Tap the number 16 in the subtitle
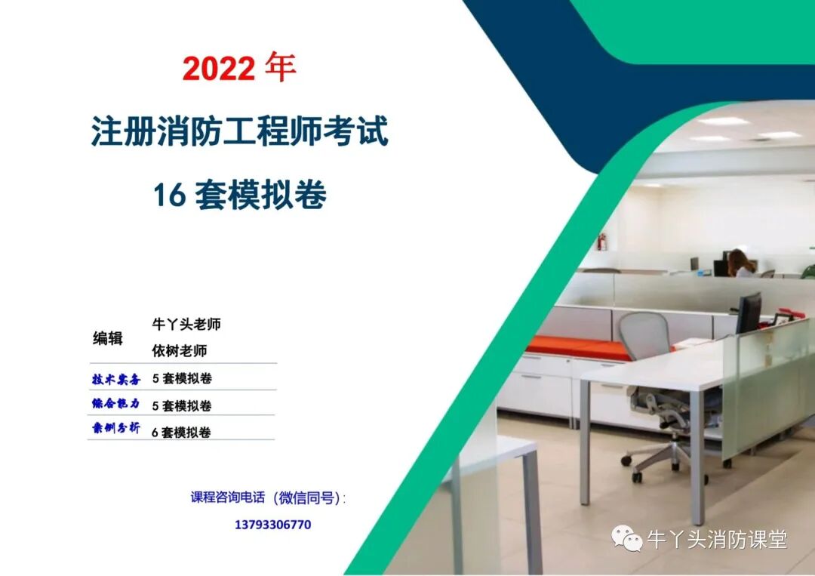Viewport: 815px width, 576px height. pos(169,196)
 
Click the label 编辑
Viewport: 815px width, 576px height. pos(107,337)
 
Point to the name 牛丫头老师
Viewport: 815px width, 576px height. pos(186,325)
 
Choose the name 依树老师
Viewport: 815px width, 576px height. pos(180,351)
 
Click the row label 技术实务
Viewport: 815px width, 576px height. pos(115,379)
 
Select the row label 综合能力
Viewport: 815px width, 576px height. pos(115,405)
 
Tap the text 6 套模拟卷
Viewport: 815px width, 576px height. pos(181,433)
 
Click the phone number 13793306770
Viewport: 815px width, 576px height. pos(272,525)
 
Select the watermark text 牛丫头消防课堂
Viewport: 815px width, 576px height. pos(717,539)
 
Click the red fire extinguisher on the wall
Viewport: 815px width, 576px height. pos(601,242)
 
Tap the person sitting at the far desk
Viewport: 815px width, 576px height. pos(742,263)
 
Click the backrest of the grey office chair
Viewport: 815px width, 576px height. pos(644,337)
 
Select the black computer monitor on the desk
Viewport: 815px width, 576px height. pos(749,313)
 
